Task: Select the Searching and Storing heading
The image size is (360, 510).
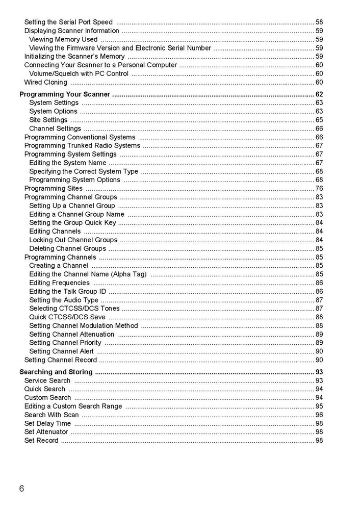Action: (x=56, y=372)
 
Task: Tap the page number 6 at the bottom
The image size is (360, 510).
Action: (x=21, y=489)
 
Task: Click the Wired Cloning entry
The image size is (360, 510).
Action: (x=46, y=82)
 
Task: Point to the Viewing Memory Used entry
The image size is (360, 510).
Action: (x=63, y=39)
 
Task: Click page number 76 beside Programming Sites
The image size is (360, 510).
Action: (x=319, y=189)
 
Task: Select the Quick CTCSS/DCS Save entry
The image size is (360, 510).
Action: (x=67, y=317)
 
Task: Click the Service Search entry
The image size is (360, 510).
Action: (x=47, y=380)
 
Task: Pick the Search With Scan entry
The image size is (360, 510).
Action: (x=52, y=415)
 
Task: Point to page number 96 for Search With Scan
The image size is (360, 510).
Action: (x=319, y=415)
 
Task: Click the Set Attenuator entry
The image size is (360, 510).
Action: (x=46, y=432)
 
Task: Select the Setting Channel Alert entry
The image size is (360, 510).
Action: (x=62, y=351)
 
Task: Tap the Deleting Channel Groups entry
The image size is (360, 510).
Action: (x=68, y=249)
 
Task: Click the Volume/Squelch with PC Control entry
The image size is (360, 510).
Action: (x=79, y=73)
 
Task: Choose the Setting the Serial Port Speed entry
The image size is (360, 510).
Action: (x=68, y=22)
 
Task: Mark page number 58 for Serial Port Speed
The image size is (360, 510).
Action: (x=319, y=22)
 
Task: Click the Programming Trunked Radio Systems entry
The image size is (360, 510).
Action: (x=82, y=146)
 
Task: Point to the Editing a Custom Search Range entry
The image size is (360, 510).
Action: (x=73, y=406)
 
